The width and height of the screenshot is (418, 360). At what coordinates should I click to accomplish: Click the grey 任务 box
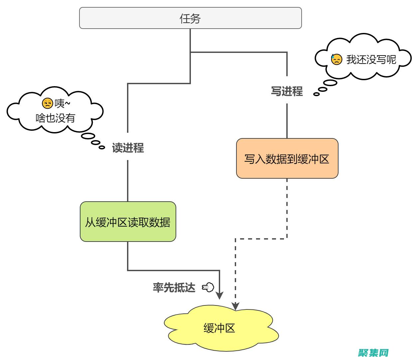click(x=190, y=18)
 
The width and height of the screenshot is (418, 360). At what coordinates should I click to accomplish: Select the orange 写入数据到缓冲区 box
click(x=287, y=159)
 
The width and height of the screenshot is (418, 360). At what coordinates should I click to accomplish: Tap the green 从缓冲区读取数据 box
click(x=128, y=222)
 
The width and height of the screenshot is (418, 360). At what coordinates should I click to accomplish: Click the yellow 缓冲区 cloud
click(x=219, y=328)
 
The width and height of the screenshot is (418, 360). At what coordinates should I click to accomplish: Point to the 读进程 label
click(x=128, y=148)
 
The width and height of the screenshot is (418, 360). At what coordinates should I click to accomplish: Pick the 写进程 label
click(x=287, y=91)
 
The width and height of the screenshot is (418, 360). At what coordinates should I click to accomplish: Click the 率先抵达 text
click(x=174, y=287)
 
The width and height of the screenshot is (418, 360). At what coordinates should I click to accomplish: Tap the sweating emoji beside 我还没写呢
click(x=337, y=60)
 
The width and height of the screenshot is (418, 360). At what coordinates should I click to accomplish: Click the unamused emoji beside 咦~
click(x=48, y=103)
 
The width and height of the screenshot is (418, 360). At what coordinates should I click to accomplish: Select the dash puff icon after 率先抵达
click(x=208, y=287)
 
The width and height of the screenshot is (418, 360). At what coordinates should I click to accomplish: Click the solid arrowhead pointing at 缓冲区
click(x=219, y=295)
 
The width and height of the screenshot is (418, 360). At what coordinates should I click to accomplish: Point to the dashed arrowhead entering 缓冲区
click(x=235, y=306)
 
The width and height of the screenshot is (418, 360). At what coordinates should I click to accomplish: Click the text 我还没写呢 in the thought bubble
click(x=371, y=60)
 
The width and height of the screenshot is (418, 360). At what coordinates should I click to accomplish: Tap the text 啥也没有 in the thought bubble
click(x=56, y=118)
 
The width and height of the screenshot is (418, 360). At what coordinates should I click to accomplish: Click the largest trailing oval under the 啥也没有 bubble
click(x=88, y=136)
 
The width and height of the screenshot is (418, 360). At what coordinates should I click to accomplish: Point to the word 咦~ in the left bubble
click(x=63, y=103)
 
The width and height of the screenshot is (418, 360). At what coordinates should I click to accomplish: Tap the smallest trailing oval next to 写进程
click(x=317, y=94)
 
